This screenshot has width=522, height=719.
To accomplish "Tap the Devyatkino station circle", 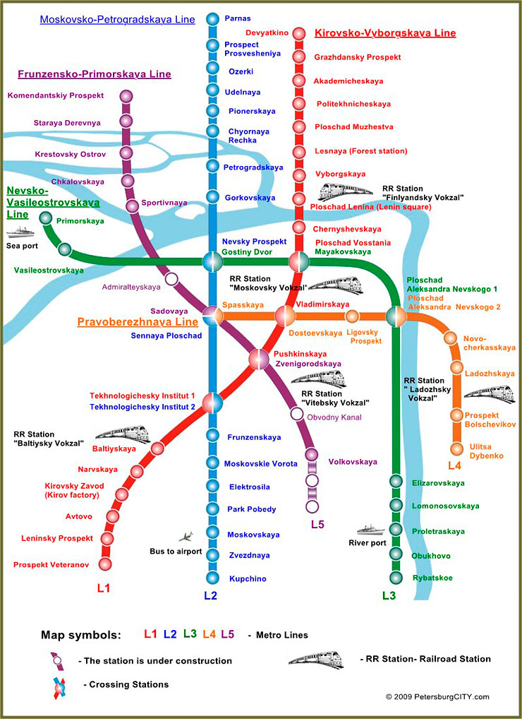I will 299,33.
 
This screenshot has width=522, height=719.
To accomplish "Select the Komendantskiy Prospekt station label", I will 56,95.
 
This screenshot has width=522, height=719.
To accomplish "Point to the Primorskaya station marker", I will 47,218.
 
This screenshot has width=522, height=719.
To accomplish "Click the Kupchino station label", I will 247,579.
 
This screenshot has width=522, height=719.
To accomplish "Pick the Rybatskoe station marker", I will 396,578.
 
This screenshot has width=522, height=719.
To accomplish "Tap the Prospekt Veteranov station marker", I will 106,564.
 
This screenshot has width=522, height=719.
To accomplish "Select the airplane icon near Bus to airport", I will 186,536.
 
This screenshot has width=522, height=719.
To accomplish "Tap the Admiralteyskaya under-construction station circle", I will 171,279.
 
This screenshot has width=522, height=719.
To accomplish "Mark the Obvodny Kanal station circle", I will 297,413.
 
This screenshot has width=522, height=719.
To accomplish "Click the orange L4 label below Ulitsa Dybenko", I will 454,465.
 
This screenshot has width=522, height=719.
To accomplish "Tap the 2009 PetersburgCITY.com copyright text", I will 437,696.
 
